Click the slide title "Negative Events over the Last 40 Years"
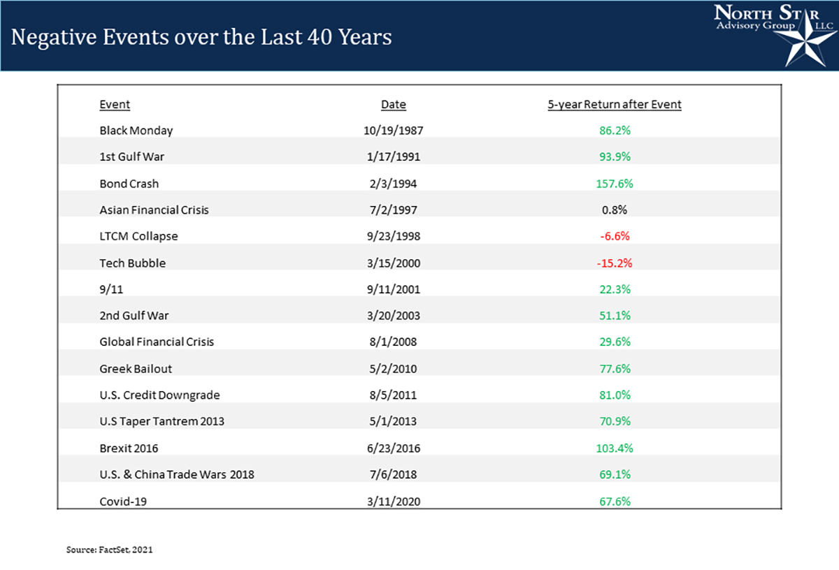(201, 36)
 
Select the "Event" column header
(115, 105)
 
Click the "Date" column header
(394, 105)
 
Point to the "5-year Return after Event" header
(614, 105)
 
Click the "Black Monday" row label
(136, 131)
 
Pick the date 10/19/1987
(394, 131)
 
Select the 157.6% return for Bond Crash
(614, 184)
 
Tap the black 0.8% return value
(614, 210)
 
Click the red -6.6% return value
(614, 236)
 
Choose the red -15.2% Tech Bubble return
(614, 263)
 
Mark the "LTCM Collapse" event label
(139, 236)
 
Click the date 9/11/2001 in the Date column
(394, 289)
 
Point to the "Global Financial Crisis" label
(157, 342)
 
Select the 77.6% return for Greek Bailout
(614, 369)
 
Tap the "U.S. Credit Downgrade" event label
(160, 395)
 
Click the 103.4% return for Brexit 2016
(614, 448)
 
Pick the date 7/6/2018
(394, 475)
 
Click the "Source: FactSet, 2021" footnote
(109, 550)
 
